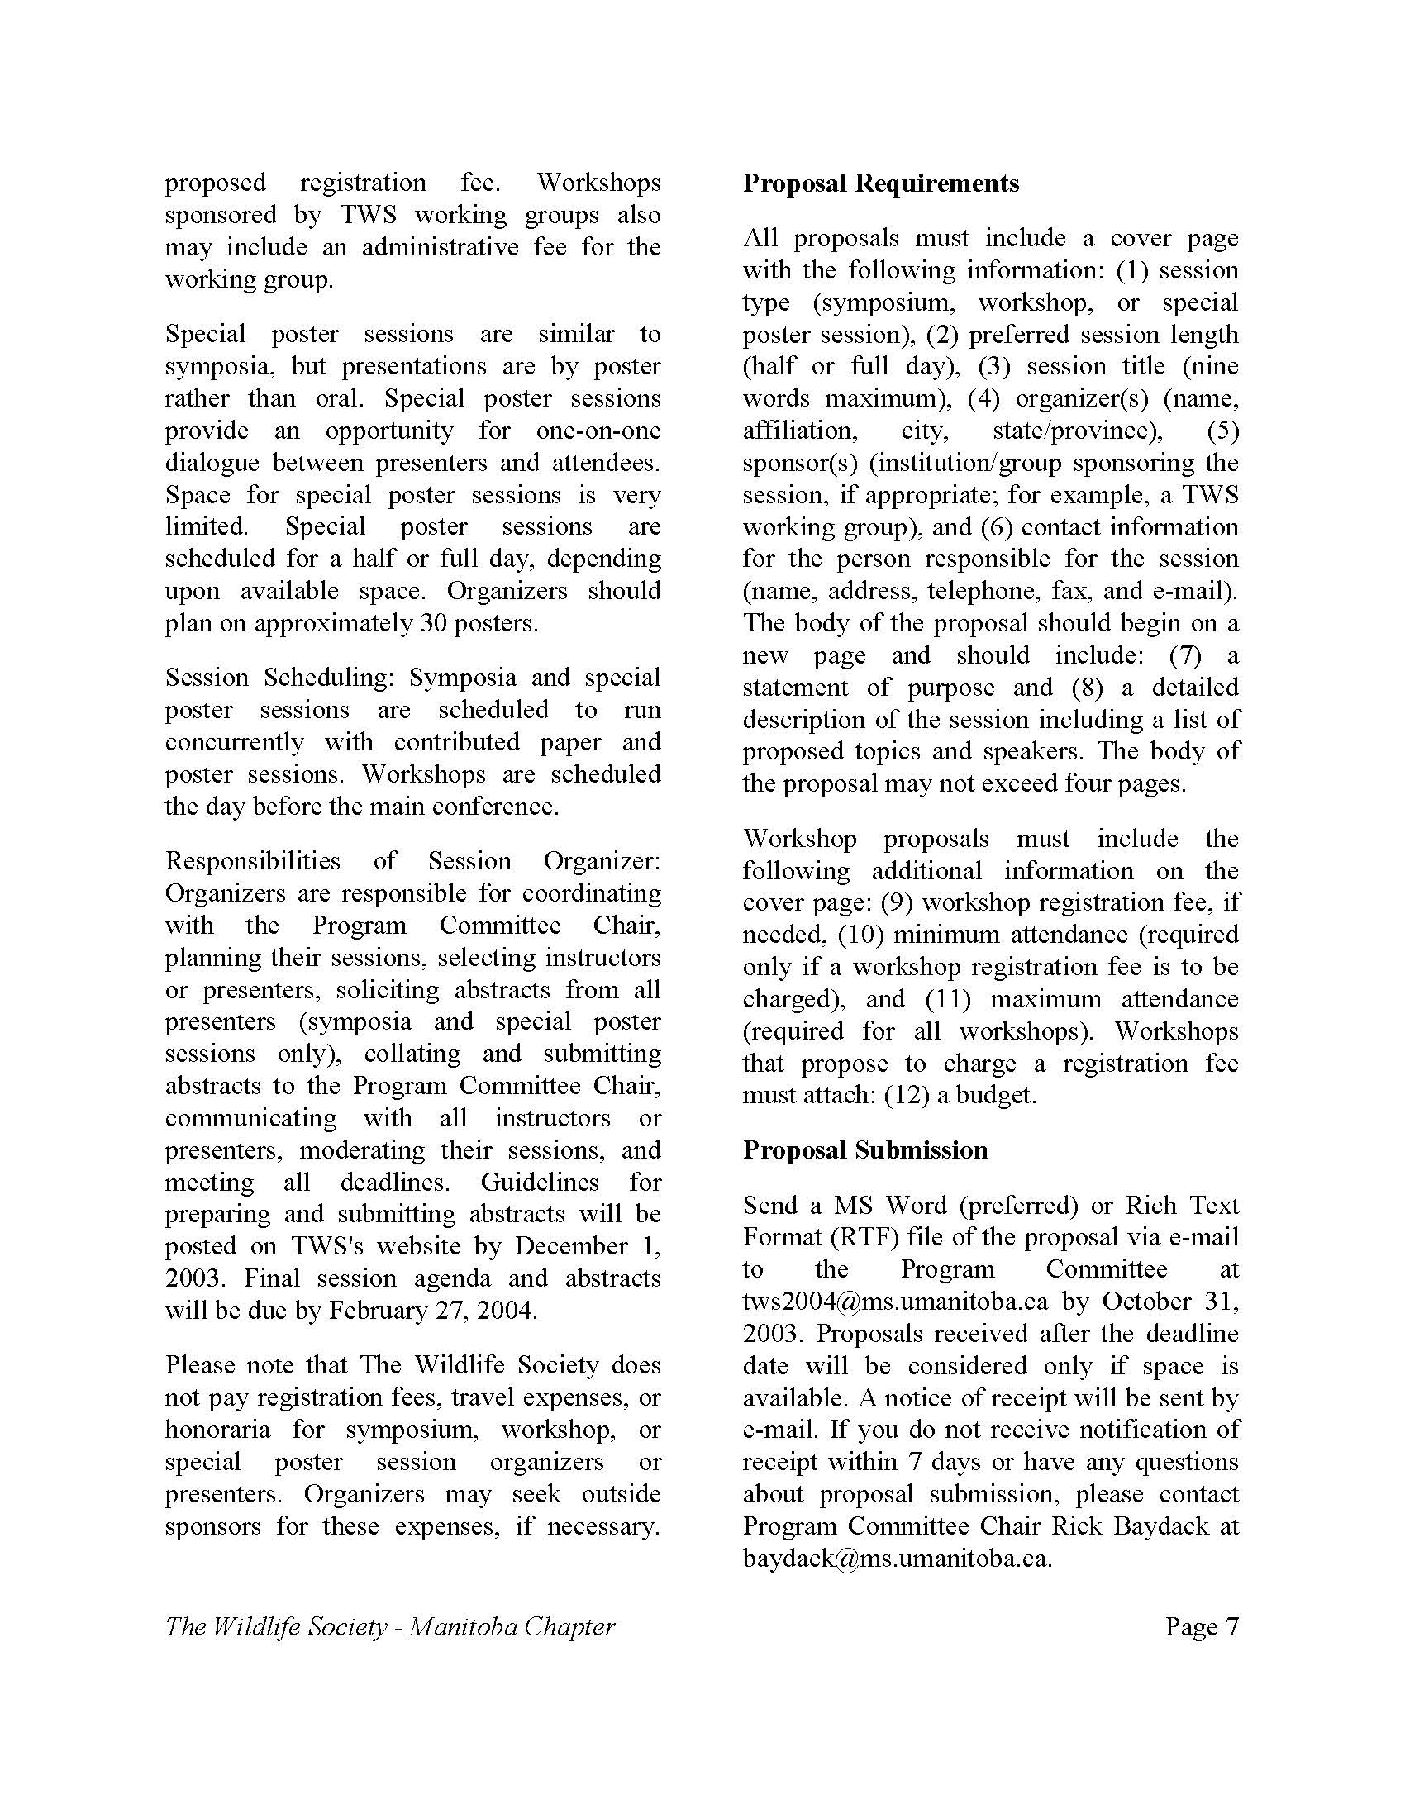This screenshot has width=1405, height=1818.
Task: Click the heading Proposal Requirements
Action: [x=881, y=183]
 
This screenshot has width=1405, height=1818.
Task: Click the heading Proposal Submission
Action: [x=865, y=1150]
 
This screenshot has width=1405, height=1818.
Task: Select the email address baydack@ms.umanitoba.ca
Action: [x=898, y=1559]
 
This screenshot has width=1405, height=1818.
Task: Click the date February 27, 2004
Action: [x=432, y=1311]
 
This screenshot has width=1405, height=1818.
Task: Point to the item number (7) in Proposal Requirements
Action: [x=1185, y=656]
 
